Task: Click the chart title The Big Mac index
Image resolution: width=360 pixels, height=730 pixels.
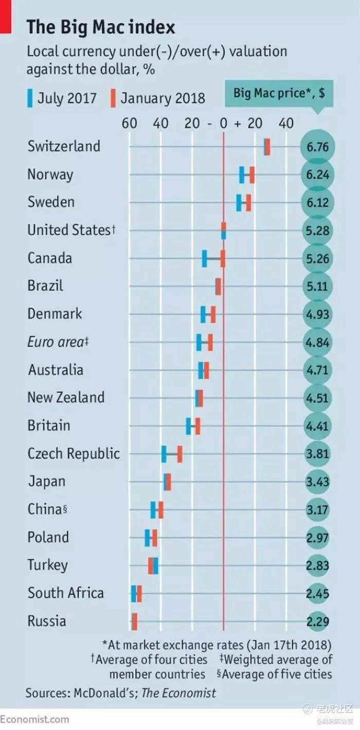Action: click(101, 27)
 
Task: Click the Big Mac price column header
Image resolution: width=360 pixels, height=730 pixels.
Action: click(279, 93)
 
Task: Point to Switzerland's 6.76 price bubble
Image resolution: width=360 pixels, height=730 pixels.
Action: click(317, 147)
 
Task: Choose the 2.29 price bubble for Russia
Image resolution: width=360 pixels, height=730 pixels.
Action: click(317, 621)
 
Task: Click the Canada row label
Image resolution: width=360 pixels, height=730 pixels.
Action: click(50, 258)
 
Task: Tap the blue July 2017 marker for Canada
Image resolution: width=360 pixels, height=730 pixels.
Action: click(204, 258)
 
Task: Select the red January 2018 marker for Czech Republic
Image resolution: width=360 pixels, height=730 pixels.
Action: click(179, 454)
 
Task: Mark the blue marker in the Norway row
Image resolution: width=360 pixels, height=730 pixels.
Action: click(242, 175)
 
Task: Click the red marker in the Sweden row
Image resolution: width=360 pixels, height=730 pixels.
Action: click(248, 203)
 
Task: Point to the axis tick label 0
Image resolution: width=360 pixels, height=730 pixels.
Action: click(224, 123)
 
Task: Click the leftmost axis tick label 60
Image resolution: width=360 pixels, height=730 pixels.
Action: click(129, 123)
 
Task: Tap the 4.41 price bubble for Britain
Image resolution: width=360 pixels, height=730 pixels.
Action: click(317, 426)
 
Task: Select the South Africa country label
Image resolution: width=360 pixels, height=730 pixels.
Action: click(66, 593)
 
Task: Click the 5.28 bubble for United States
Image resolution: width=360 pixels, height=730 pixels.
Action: click(317, 230)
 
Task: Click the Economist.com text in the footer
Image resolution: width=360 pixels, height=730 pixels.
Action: click(34, 719)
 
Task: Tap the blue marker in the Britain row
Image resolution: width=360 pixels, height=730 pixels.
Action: click(188, 426)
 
